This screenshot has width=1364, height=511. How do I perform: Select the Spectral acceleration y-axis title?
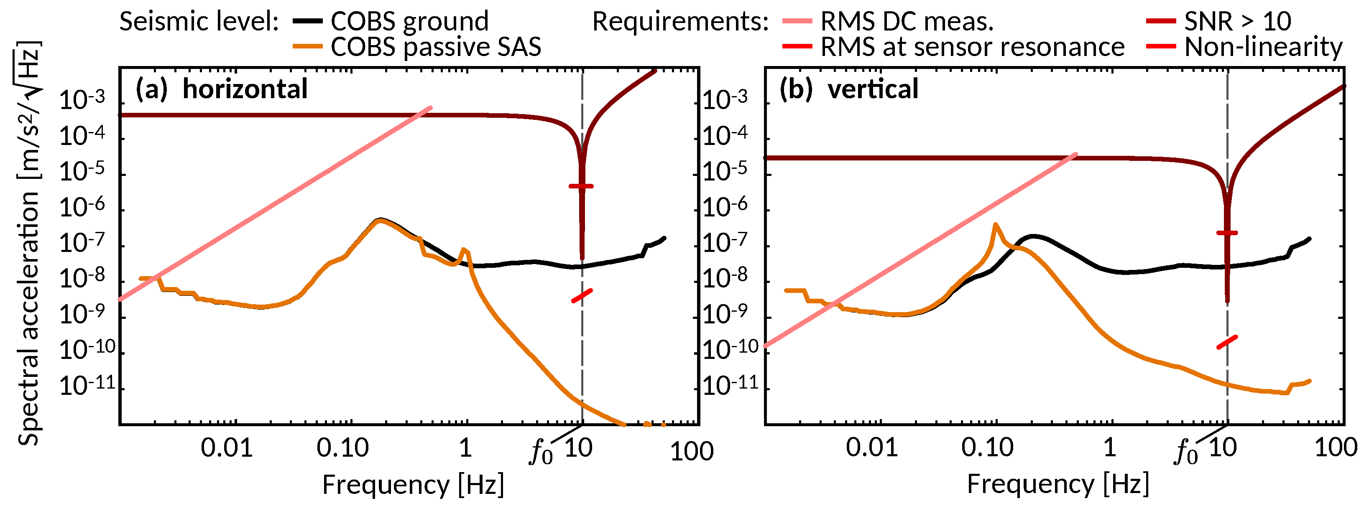point(29,243)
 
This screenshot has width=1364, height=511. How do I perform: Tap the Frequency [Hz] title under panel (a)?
point(413,484)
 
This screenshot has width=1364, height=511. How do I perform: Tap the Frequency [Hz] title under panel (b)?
point(1058,484)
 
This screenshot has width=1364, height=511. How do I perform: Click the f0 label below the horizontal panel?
point(541,452)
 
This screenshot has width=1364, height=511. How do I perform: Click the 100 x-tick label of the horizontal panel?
point(692,451)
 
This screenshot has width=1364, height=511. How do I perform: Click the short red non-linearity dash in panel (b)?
point(1227,342)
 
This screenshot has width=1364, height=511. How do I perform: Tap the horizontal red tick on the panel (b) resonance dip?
point(1227,233)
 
